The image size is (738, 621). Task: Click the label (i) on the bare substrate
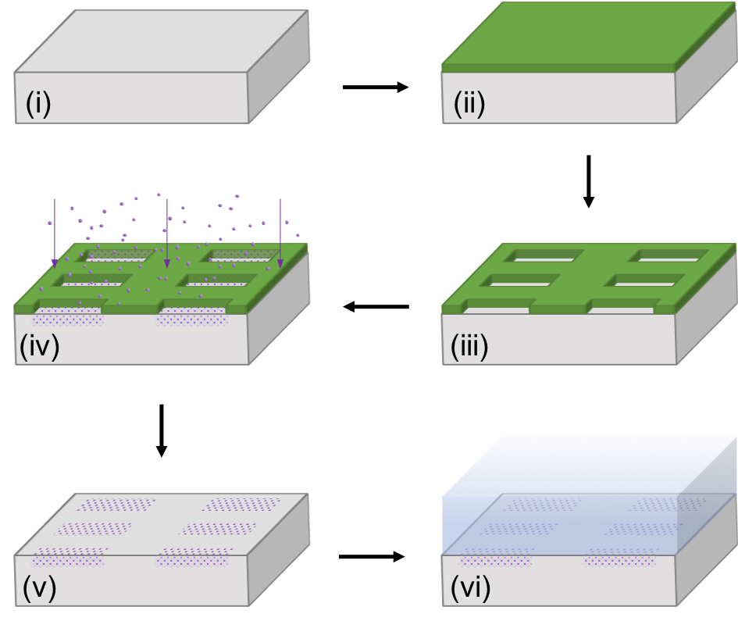point(38,103)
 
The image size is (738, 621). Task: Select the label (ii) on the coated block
point(469,103)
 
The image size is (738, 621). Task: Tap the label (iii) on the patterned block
point(469,346)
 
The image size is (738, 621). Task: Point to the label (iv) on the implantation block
point(39,346)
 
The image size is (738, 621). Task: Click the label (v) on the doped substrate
point(39,587)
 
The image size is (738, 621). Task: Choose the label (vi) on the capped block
point(470,587)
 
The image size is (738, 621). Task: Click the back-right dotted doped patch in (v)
point(241,505)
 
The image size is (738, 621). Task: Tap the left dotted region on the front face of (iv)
point(67,317)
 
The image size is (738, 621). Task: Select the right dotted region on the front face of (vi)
point(620,561)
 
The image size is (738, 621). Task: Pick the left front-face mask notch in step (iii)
point(495,310)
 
